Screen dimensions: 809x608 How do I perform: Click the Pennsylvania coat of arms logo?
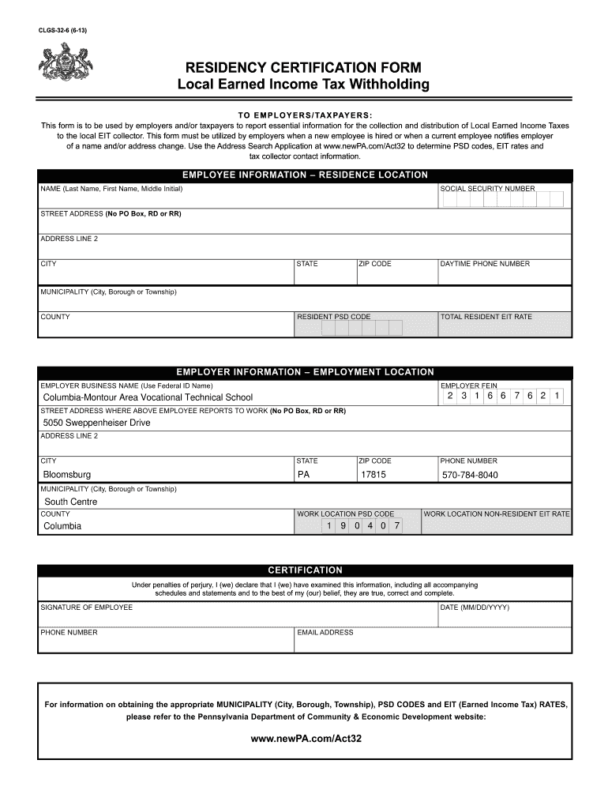click(66, 62)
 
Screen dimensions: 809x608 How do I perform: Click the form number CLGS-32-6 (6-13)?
click(64, 31)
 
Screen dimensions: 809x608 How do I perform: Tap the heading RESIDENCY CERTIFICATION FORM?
click(304, 67)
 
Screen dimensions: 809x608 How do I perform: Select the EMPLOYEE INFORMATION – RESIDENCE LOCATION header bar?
click(305, 175)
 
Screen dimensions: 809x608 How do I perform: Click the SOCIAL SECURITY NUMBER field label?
click(487, 189)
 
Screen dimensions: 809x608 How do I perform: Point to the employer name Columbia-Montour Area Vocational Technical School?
click(148, 397)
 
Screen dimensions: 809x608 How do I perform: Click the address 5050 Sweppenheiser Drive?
click(96, 423)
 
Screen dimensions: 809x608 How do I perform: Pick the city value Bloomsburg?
click(67, 475)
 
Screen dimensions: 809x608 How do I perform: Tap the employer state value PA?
click(303, 475)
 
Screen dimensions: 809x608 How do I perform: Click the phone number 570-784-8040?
click(470, 475)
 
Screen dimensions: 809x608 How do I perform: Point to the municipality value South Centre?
click(71, 502)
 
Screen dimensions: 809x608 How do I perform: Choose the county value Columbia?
click(62, 526)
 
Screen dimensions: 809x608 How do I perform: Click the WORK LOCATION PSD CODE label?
click(345, 514)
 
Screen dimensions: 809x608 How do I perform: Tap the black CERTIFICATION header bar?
click(305, 570)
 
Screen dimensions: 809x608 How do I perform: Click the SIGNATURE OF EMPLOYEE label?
click(87, 607)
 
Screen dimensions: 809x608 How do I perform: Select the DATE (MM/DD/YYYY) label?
click(475, 607)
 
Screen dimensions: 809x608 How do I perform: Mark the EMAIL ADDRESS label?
click(325, 632)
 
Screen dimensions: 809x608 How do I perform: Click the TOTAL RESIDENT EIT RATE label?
click(486, 317)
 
